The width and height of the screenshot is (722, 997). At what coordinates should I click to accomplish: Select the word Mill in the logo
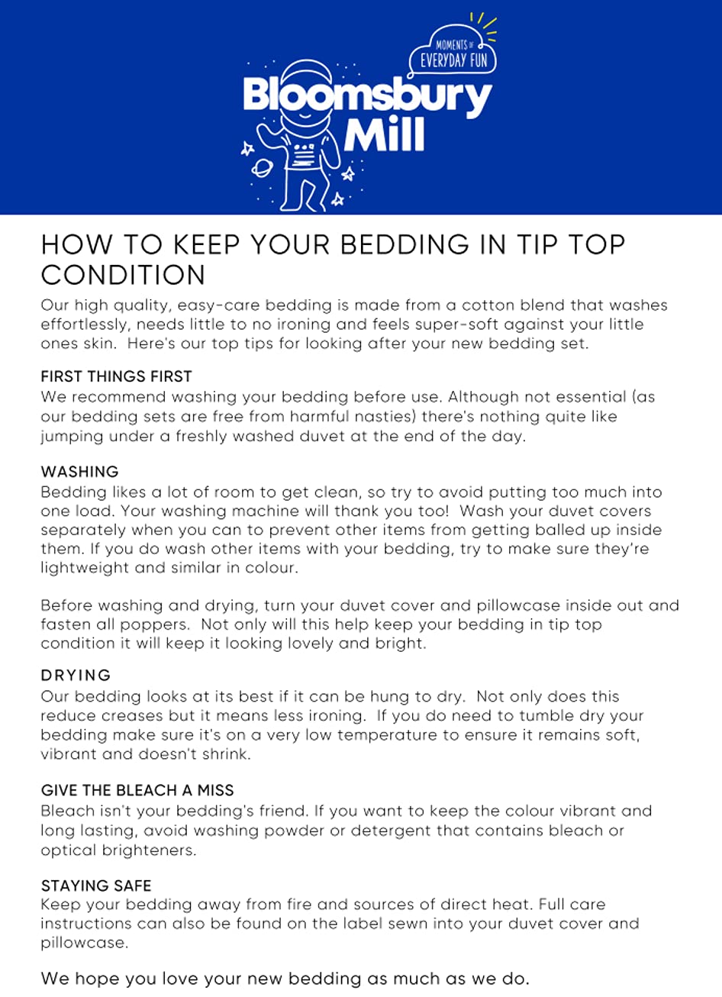tap(384, 134)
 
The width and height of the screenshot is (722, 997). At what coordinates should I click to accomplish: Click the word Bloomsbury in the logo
tap(366, 96)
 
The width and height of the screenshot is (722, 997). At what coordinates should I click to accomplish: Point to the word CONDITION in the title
tap(123, 275)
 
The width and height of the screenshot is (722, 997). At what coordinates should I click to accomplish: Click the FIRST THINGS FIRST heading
tap(116, 376)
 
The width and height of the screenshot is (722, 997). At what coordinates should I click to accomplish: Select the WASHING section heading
tap(79, 472)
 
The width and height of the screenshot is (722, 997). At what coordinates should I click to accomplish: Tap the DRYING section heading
tap(76, 676)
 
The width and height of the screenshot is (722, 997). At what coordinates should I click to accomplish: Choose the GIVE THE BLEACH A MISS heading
tap(137, 790)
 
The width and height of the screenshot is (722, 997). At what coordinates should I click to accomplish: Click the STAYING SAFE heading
tap(96, 886)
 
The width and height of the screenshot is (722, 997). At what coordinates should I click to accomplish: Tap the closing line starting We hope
tap(285, 978)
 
